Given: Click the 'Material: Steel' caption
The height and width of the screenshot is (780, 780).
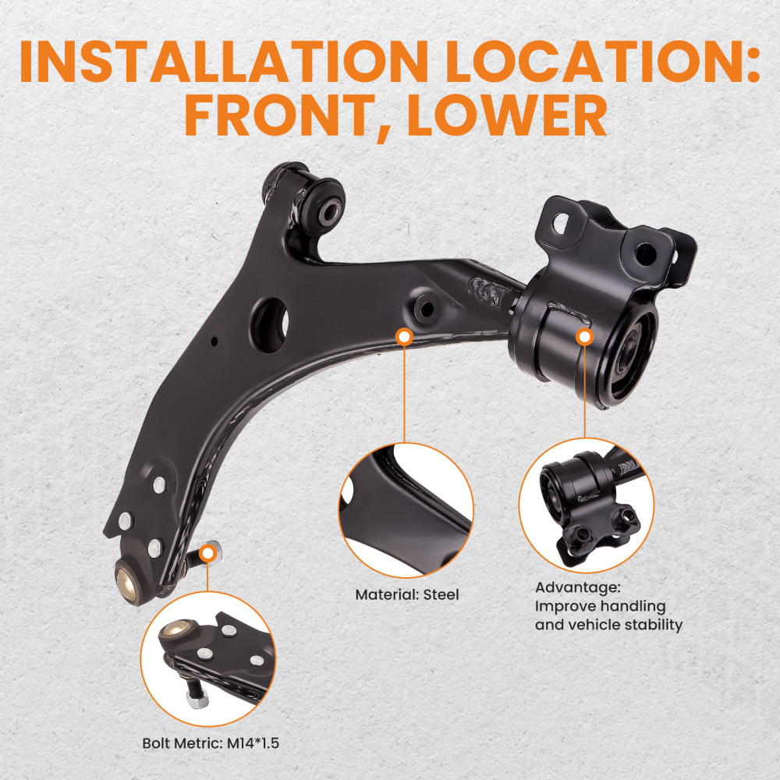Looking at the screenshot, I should pyautogui.click(x=406, y=594).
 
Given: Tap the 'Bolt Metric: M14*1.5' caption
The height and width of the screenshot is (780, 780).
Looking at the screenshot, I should pyautogui.click(x=211, y=743).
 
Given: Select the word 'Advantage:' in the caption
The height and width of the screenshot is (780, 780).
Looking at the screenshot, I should pyautogui.click(x=576, y=587).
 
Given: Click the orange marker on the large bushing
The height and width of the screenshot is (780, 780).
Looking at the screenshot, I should pyautogui.click(x=584, y=336).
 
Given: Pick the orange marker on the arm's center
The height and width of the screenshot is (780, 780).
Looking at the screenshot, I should pyautogui.click(x=404, y=337).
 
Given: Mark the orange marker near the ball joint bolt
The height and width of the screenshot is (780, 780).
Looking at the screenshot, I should pyautogui.click(x=207, y=553).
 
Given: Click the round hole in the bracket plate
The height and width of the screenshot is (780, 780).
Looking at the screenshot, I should pyautogui.click(x=645, y=253).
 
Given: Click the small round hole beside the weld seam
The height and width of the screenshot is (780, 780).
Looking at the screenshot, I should pyautogui.click(x=426, y=307).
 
